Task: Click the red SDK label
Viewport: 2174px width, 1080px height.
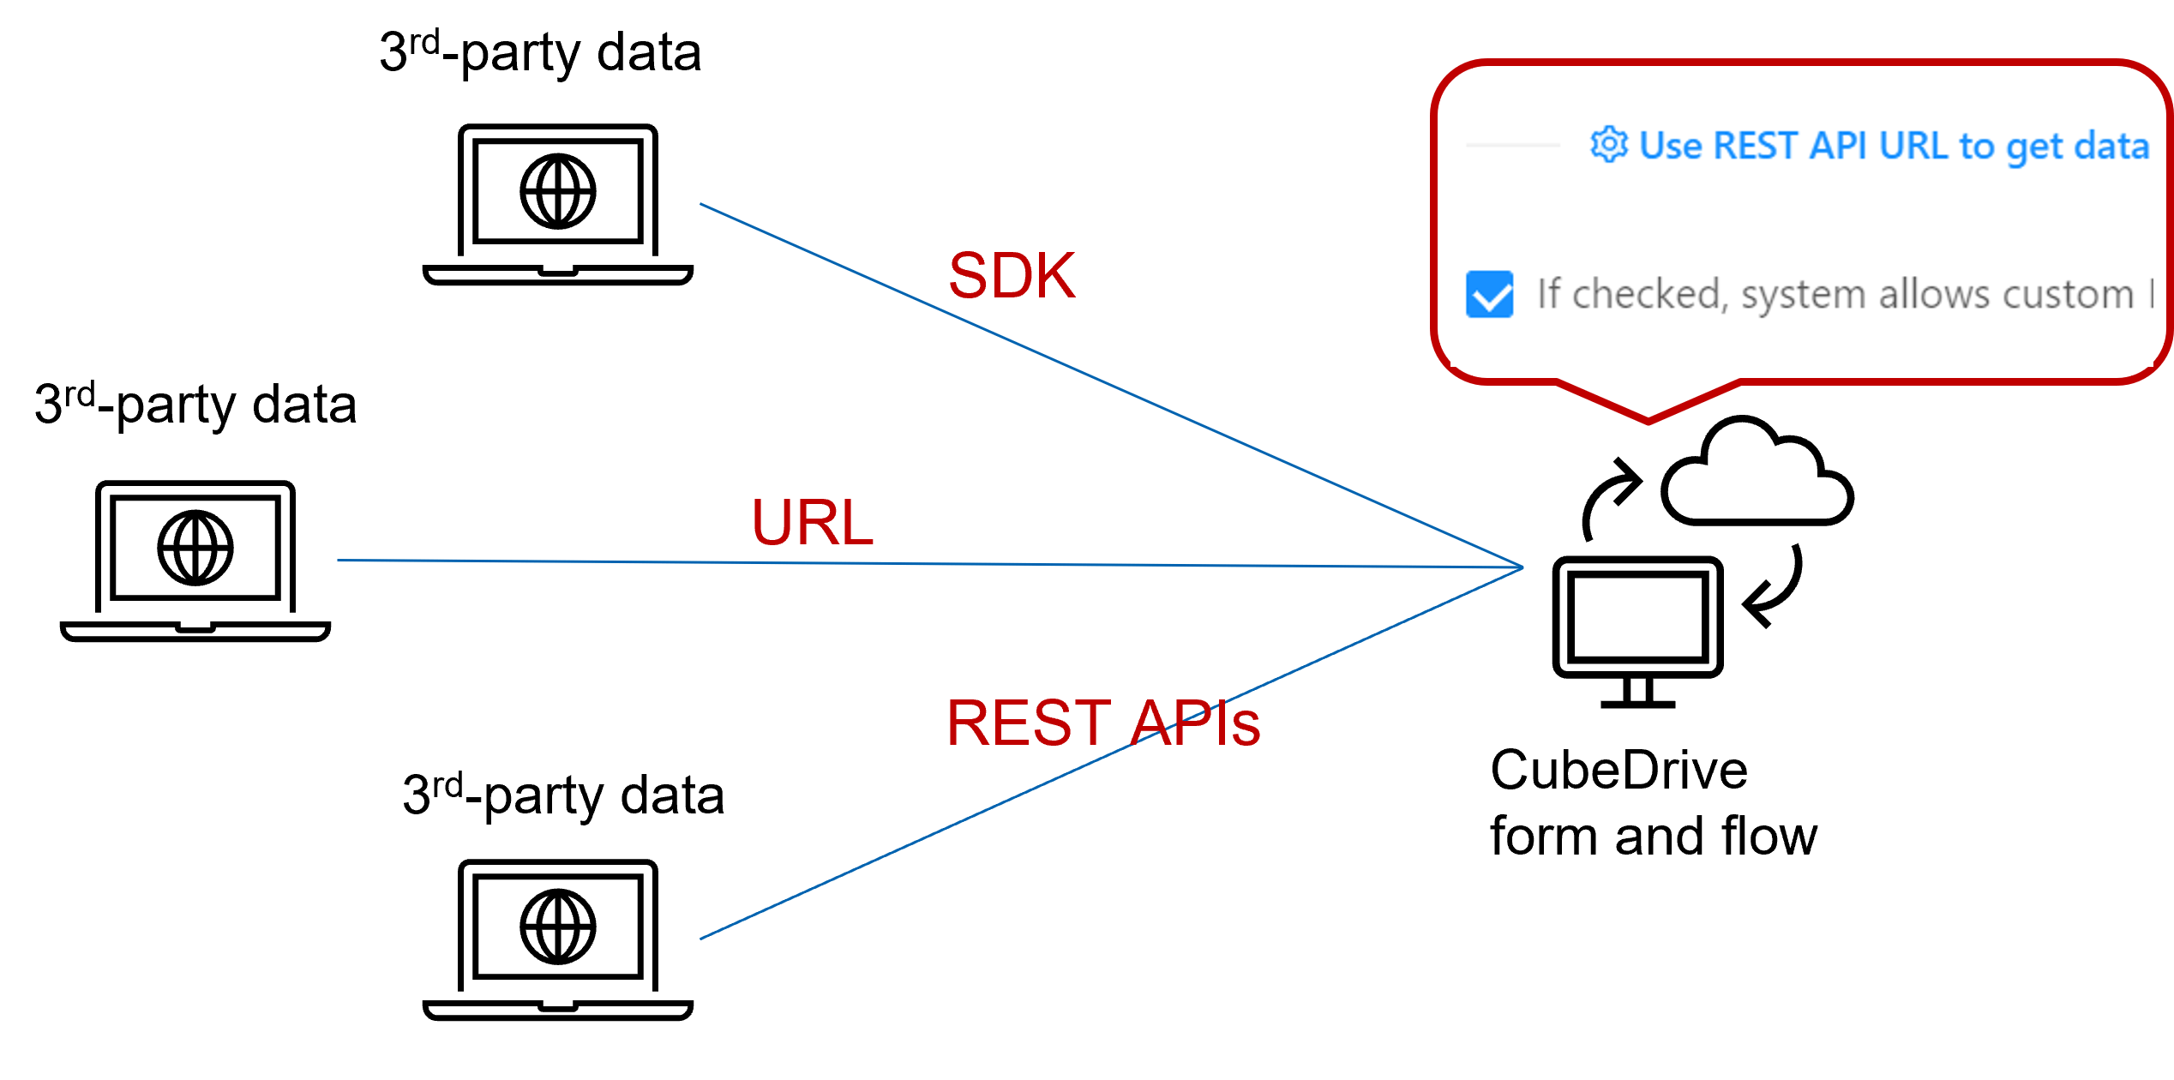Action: click(1012, 276)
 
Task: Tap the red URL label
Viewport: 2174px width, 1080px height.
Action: click(812, 522)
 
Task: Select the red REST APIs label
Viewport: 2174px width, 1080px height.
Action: click(1102, 723)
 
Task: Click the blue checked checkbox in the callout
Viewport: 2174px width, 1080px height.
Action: click(1489, 294)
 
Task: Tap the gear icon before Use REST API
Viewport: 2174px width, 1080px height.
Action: click(1608, 145)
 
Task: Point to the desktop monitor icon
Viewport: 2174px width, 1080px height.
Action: click(1637, 617)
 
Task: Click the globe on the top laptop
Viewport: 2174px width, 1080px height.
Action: click(558, 191)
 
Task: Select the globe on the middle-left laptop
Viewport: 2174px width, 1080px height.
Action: click(195, 548)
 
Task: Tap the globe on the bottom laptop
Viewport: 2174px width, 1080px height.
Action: click(558, 927)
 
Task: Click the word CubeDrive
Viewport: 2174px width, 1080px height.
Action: click(1618, 770)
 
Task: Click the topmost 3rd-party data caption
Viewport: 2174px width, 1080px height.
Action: click(540, 53)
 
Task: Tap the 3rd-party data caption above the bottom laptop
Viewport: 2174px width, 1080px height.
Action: click(563, 796)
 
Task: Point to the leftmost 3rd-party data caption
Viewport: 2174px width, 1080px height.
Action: click(195, 405)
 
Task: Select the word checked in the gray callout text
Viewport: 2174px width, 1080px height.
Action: click(1645, 295)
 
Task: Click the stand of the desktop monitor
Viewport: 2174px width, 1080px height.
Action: click(1637, 693)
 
